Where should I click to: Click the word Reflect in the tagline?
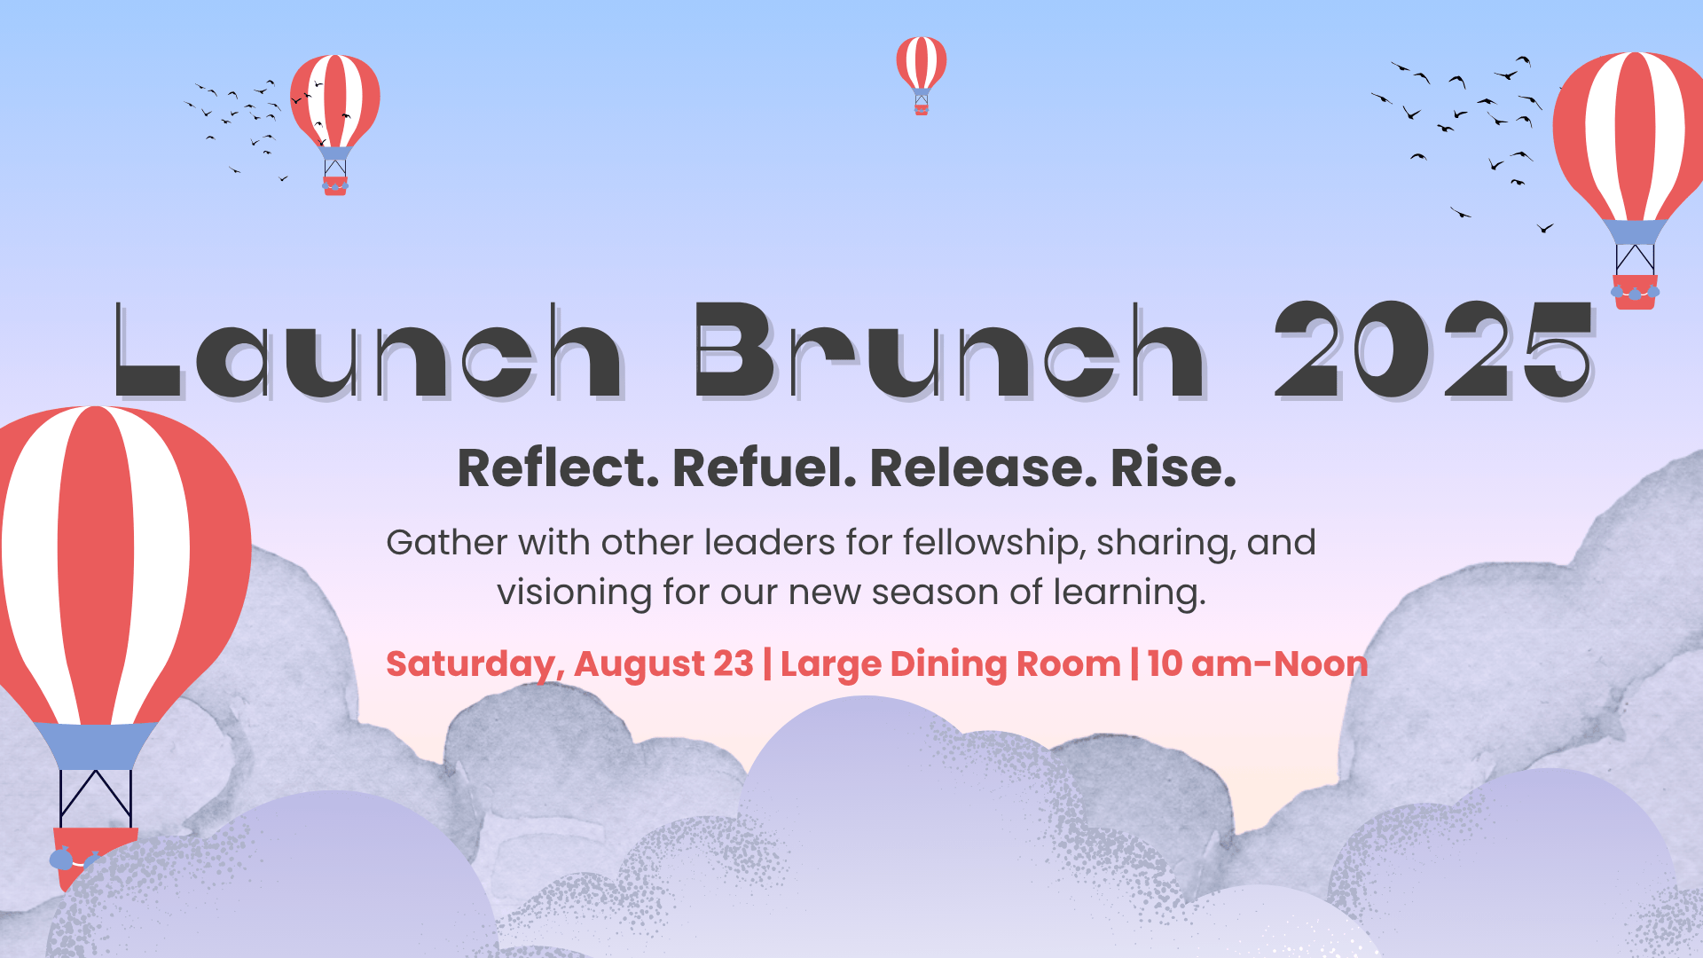point(558,468)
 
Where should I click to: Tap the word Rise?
point(1173,468)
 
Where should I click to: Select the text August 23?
point(663,665)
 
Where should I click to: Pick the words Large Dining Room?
point(951,664)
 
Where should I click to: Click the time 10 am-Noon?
point(1258,664)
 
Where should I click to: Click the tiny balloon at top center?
point(922,75)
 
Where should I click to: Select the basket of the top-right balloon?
point(1635,292)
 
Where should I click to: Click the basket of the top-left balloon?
point(335,185)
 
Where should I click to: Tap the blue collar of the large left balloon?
point(96,746)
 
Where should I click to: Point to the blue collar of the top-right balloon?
point(1635,232)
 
